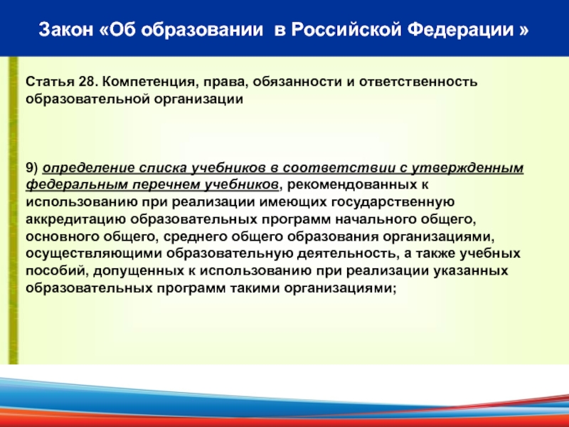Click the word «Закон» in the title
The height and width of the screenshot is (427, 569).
[x=66, y=30]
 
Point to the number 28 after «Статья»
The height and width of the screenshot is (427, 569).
[x=87, y=82]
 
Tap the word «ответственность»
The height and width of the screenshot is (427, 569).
[x=418, y=82]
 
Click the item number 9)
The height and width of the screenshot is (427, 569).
[x=32, y=168]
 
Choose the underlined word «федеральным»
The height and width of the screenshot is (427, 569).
[x=77, y=185]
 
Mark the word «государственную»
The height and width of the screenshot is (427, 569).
[x=393, y=202]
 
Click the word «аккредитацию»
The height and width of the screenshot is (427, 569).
[x=76, y=220]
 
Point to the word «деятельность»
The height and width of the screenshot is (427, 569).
[x=346, y=253]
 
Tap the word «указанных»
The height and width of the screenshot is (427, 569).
[x=471, y=271]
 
